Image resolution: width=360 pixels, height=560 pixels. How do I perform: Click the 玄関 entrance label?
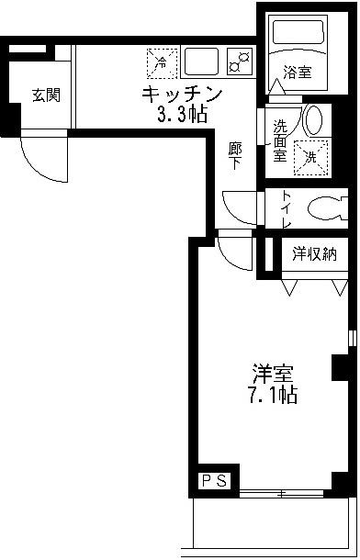tap(45, 94)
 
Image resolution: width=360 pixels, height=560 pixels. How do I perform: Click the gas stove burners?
tap(241, 62)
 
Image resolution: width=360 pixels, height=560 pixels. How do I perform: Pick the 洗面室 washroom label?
tap(278, 137)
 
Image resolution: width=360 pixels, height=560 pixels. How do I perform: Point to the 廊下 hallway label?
tap(235, 155)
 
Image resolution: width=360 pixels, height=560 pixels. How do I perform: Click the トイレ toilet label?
tap(286, 210)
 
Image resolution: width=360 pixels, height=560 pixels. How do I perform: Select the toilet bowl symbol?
tap(322, 210)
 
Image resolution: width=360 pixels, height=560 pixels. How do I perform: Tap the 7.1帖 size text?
tap(275, 397)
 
